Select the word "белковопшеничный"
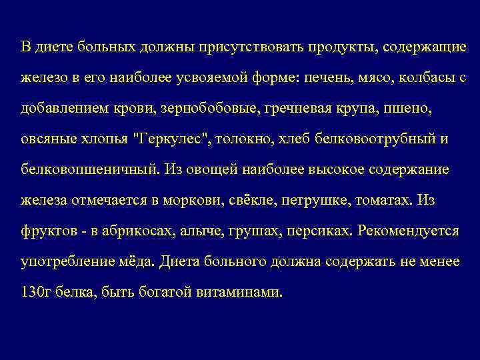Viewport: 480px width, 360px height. click(x=89, y=170)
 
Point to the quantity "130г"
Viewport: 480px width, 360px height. click(x=33, y=293)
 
